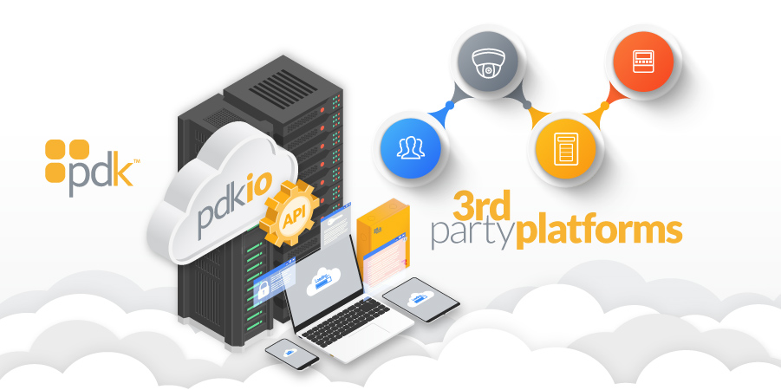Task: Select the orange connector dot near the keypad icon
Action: (605, 105)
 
